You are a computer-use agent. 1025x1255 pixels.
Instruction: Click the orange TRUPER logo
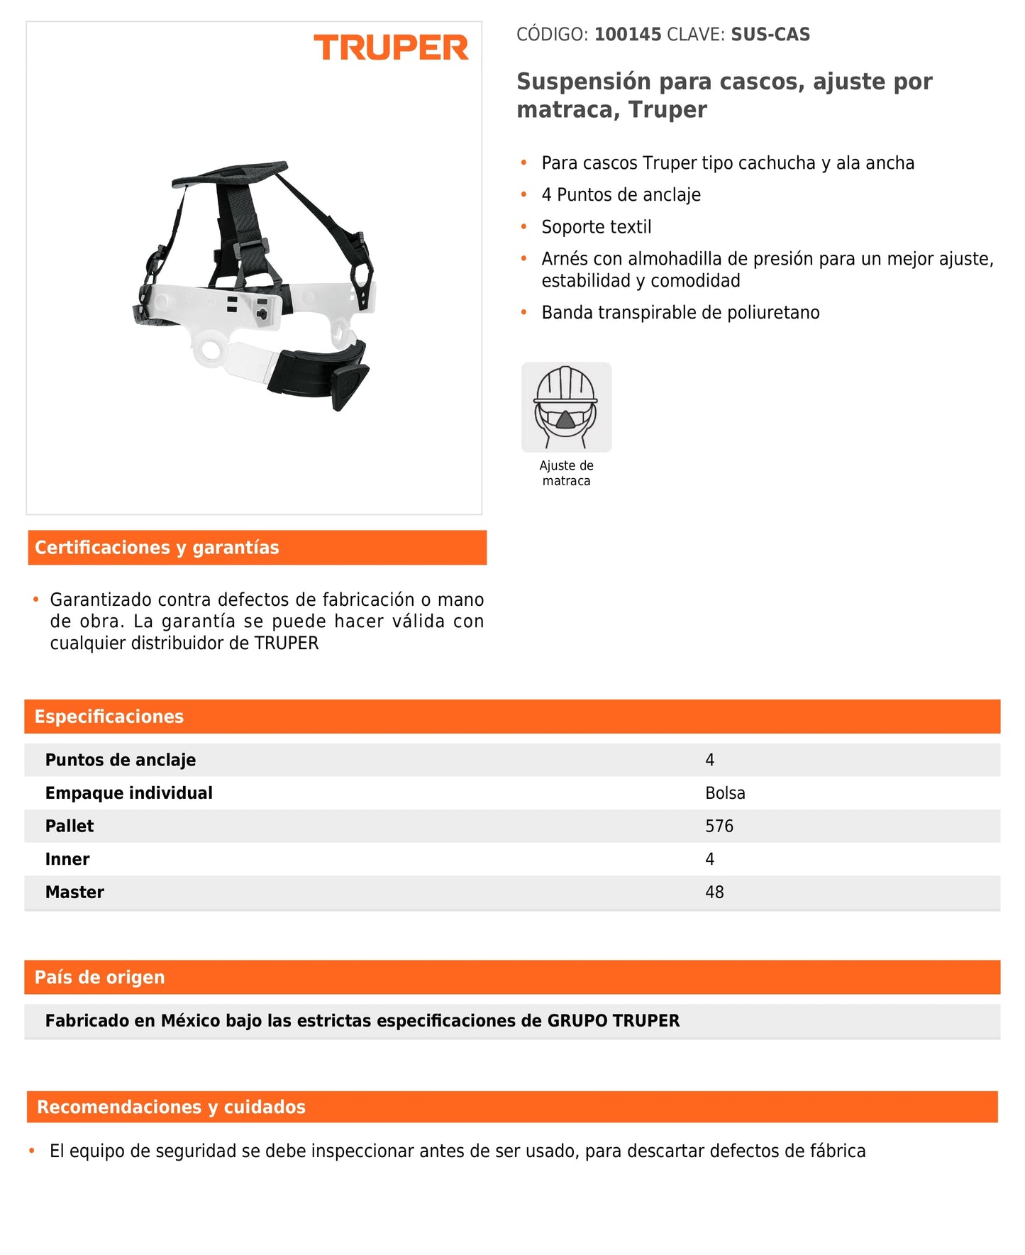point(391,48)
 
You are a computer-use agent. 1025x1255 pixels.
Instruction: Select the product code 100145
point(627,35)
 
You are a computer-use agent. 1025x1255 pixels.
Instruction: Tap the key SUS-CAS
point(770,35)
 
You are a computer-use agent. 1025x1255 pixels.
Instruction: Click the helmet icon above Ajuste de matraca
point(566,407)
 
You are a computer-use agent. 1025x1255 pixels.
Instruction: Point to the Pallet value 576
point(719,826)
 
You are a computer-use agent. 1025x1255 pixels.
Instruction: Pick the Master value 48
point(714,892)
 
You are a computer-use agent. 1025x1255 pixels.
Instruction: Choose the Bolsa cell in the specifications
point(725,793)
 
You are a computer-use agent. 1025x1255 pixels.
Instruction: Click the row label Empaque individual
point(128,793)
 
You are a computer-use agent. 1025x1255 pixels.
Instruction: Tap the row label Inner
point(67,859)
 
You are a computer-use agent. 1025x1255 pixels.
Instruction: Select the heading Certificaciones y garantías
point(157,548)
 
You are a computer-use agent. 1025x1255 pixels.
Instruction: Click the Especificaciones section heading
point(109,717)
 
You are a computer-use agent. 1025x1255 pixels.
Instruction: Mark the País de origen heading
point(99,977)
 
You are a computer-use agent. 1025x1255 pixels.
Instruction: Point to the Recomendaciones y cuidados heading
point(171,1107)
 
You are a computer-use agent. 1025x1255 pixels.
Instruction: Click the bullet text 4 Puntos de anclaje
point(621,195)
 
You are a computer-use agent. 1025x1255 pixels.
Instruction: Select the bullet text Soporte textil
point(596,227)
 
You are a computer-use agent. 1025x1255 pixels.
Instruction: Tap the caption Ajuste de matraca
point(566,473)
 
